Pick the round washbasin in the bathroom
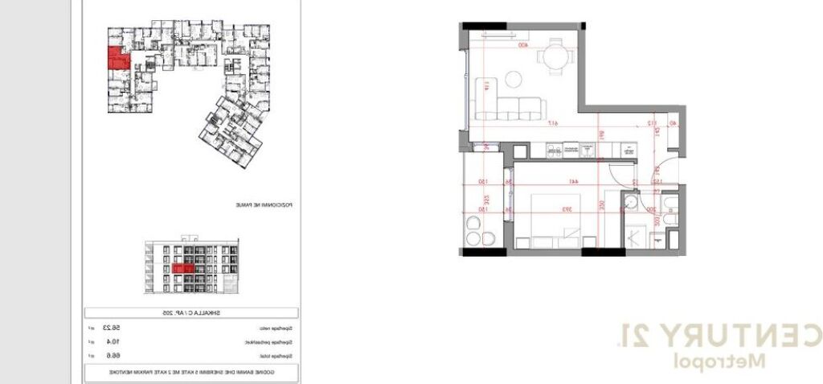pyautogui.click(x=632, y=202)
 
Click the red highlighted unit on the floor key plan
pyautogui.click(x=117, y=60)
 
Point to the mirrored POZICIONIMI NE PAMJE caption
pyautogui.click(x=262, y=205)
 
